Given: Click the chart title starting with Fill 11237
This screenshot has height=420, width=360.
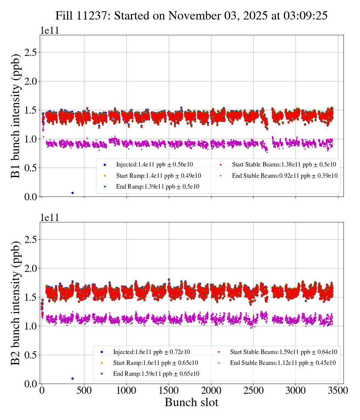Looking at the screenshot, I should click(192, 15).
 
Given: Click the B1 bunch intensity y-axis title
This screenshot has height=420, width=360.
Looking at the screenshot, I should click(15, 116).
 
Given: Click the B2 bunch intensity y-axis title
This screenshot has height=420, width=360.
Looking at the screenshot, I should click(15, 303).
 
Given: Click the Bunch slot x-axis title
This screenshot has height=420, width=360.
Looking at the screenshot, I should click(192, 402).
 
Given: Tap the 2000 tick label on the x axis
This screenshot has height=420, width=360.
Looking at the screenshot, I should click(211, 390).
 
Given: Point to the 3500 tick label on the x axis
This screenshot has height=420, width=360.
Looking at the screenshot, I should click(338, 390).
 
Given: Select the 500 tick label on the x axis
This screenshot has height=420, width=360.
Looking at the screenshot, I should click(84, 390).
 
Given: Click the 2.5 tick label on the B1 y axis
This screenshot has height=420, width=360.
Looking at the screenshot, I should click(32, 52).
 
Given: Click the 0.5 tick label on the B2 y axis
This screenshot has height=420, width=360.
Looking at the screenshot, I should click(32, 355).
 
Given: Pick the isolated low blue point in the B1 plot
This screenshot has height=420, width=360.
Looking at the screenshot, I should click(72, 193).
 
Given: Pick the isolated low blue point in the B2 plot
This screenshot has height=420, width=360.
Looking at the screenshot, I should click(72, 378).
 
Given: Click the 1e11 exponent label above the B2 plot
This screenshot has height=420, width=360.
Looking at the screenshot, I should click(49, 218).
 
